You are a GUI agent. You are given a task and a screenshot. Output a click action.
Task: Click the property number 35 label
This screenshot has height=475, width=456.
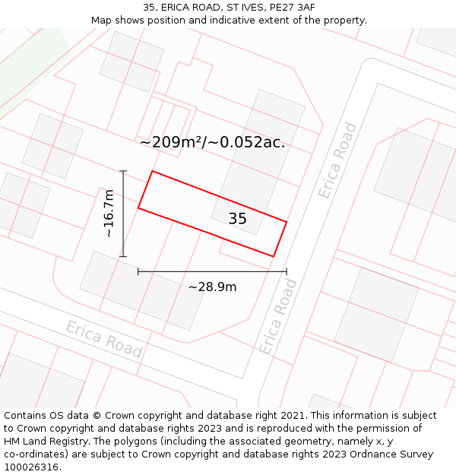tap(237, 219)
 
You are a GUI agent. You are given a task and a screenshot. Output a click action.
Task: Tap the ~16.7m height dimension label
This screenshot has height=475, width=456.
tap(109, 214)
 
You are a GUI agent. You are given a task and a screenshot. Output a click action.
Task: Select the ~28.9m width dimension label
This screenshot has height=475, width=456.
tap(212, 287)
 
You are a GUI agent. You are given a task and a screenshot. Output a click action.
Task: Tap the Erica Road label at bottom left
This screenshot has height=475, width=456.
tap(103, 339)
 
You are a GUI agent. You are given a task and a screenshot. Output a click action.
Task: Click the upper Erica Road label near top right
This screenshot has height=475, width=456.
tap(337, 160)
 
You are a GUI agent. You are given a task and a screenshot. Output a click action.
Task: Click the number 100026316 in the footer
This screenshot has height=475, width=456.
tap(31, 467)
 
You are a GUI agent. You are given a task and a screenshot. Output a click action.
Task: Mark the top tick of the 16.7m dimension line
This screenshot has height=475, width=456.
tap(123, 171)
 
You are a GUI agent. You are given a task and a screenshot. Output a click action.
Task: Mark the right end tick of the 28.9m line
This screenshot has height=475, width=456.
tap(287, 271)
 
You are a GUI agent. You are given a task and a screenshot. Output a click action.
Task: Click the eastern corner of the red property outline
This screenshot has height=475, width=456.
tap(287, 222)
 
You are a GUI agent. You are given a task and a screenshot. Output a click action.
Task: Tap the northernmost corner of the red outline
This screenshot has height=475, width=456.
tap(152, 171)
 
